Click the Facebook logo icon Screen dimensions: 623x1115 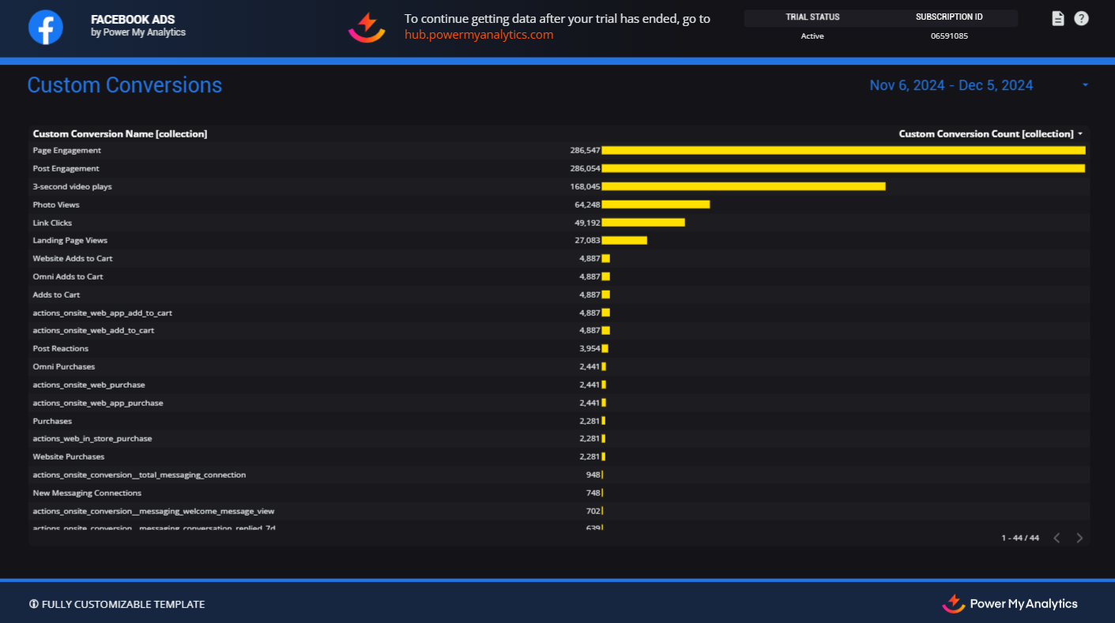[x=46, y=28]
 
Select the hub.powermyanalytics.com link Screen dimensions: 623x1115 [x=479, y=35]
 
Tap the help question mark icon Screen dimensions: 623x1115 [x=1081, y=18]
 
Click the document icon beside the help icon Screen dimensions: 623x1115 [x=1058, y=18]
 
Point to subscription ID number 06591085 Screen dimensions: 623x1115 [x=949, y=36]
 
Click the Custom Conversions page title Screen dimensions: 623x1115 [x=125, y=85]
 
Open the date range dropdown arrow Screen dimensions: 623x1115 [x=1085, y=85]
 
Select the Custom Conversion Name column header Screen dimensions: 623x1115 [x=120, y=133]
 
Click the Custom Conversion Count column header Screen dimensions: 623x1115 [x=985, y=133]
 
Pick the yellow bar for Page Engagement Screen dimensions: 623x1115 [x=843, y=150]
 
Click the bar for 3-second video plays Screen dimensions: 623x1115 [x=743, y=186]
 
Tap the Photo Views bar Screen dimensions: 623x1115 [x=655, y=205]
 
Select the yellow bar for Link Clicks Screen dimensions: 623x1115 [x=642, y=223]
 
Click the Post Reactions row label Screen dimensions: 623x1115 [x=61, y=348]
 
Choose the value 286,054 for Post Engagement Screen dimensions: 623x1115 [x=585, y=168]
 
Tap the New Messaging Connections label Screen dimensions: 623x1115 [x=87, y=493]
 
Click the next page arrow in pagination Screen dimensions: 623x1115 [x=1079, y=538]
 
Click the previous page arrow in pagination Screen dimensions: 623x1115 [x=1057, y=538]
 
